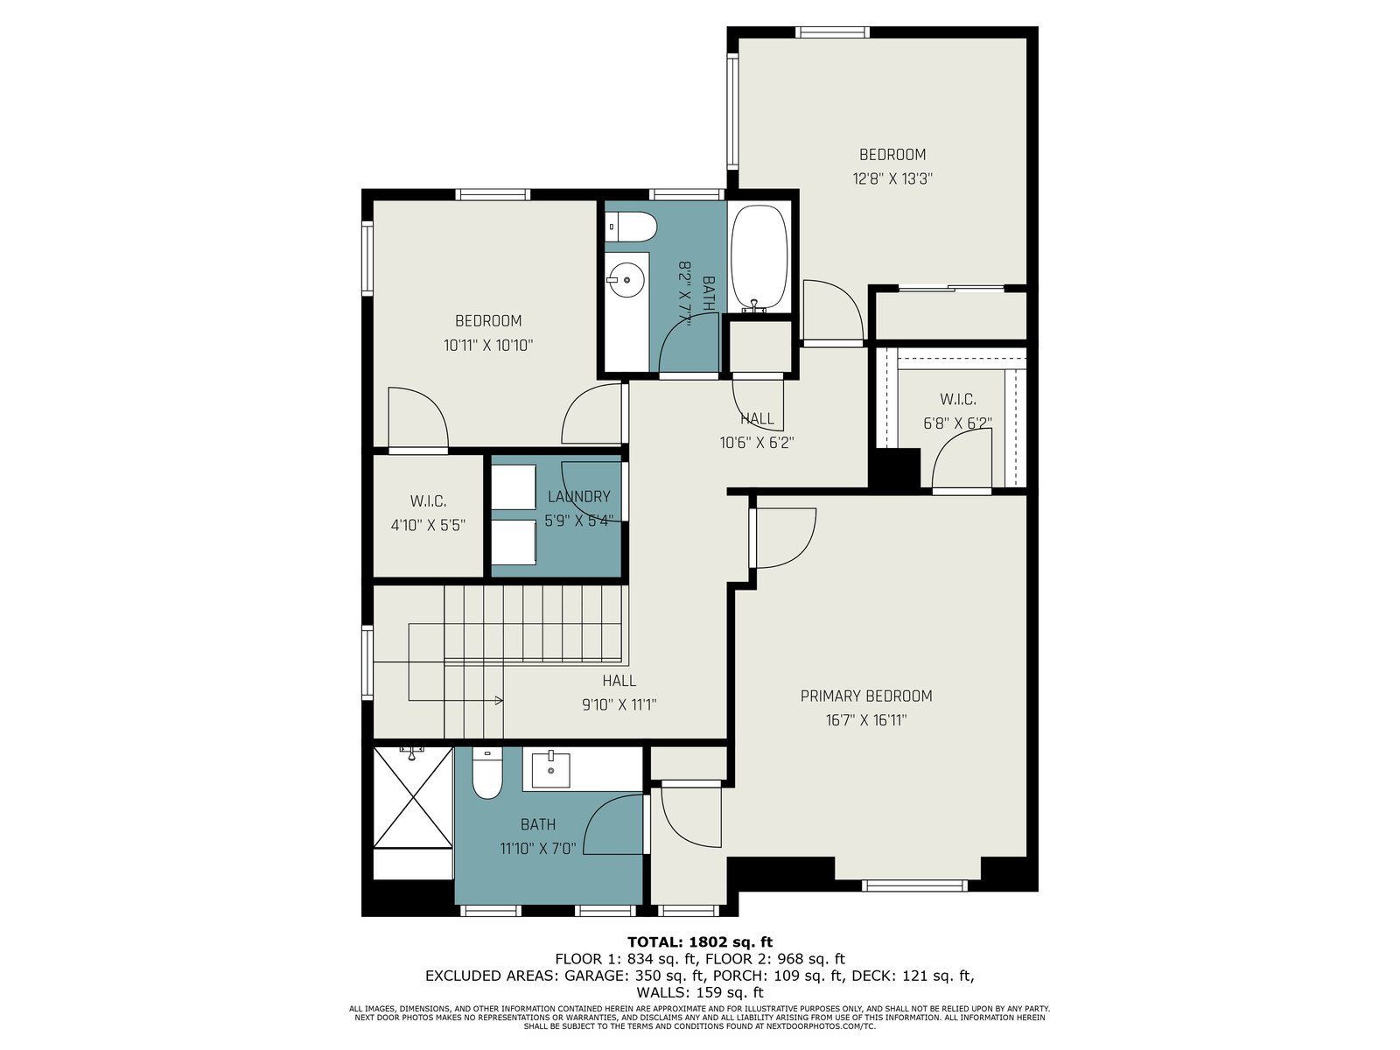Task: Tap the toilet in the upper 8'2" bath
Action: (x=631, y=227)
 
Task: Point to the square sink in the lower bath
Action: (x=550, y=769)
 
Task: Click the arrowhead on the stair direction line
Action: (x=500, y=701)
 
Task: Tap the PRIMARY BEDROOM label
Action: (x=866, y=696)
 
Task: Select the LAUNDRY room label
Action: (x=578, y=497)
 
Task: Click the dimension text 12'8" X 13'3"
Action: (x=892, y=178)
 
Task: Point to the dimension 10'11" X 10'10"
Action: (x=488, y=346)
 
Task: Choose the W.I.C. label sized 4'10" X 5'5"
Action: (x=428, y=501)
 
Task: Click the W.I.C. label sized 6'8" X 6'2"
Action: (x=958, y=400)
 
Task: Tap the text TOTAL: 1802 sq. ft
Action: (x=700, y=942)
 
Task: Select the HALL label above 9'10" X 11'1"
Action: (x=619, y=681)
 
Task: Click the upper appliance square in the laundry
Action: (x=514, y=487)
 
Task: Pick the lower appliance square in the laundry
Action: (x=514, y=542)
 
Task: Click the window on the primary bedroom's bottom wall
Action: (x=914, y=885)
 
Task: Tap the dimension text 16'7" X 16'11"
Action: (x=866, y=720)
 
